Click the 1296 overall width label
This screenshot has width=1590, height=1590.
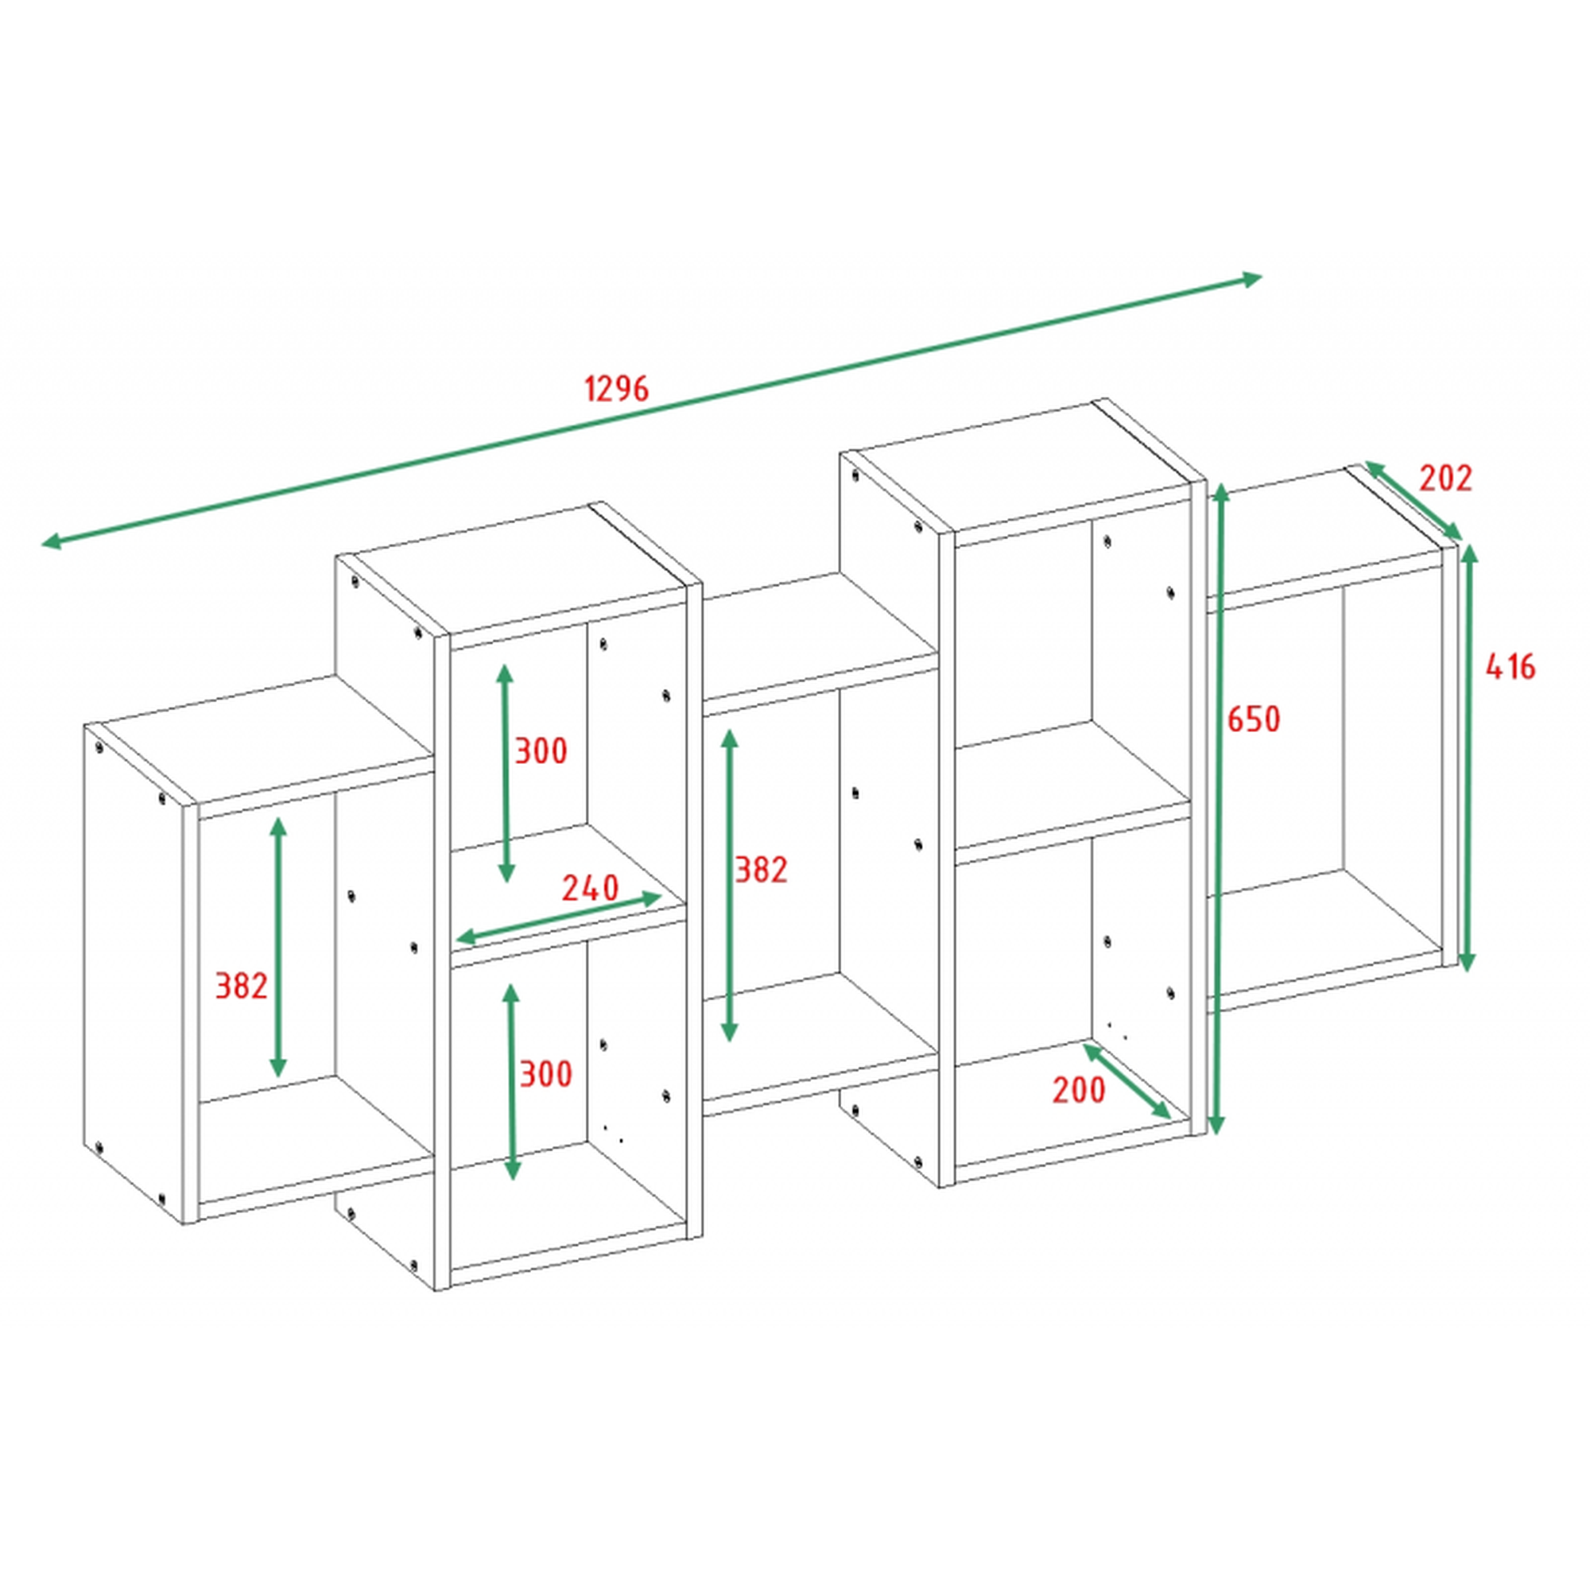pyautogui.click(x=616, y=389)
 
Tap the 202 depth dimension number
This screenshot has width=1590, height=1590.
pyautogui.click(x=1446, y=478)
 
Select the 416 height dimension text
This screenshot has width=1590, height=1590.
pyautogui.click(x=1510, y=667)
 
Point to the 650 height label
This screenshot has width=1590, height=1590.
pyautogui.click(x=1254, y=719)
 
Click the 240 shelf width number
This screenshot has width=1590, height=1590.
pyautogui.click(x=590, y=888)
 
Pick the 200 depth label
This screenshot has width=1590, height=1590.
pyautogui.click(x=1079, y=1091)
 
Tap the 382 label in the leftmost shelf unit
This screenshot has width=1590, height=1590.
pyautogui.click(x=241, y=986)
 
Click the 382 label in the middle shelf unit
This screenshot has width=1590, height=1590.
pyautogui.click(x=762, y=870)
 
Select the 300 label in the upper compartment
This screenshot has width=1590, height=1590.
pyautogui.click(x=541, y=751)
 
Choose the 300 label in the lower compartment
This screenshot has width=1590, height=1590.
pyautogui.click(x=545, y=1074)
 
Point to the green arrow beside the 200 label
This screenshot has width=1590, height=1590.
pyautogui.click(x=1127, y=1081)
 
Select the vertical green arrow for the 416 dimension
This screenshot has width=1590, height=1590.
pyautogui.click(x=1468, y=757)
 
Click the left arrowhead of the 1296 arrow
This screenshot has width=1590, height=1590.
pyautogui.click(x=51, y=541)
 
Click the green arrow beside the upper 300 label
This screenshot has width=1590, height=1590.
pyautogui.click(x=506, y=773)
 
